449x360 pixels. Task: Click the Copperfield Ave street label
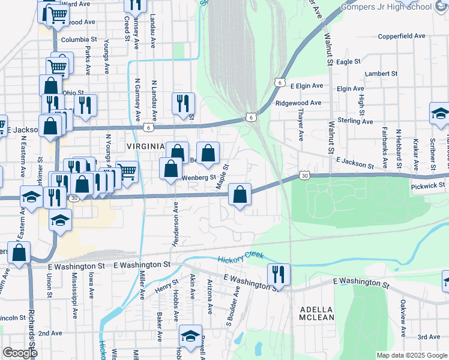point(402,36)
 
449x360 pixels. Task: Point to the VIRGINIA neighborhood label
point(145,146)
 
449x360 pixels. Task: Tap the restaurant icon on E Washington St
point(279,275)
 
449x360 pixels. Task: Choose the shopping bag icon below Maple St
point(240,194)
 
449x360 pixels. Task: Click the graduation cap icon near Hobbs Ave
point(190,336)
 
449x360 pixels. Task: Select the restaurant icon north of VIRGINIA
point(183,103)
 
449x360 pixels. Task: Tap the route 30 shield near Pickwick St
point(305,176)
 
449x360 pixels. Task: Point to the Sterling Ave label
point(355,121)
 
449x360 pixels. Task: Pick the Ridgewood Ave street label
point(298,103)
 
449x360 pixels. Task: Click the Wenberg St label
point(199,178)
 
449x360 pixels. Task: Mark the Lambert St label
point(381,74)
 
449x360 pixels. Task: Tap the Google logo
point(20,353)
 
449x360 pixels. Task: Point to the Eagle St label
point(348,62)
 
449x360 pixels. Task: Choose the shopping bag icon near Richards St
point(19,254)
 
